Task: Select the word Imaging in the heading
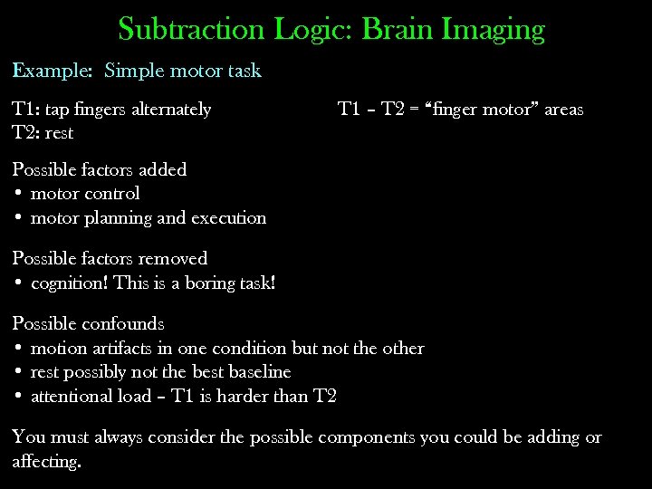click(x=494, y=31)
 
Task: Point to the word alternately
click(x=171, y=110)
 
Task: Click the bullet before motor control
click(x=18, y=194)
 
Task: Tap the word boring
click(x=191, y=283)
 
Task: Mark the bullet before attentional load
click(x=18, y=397)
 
